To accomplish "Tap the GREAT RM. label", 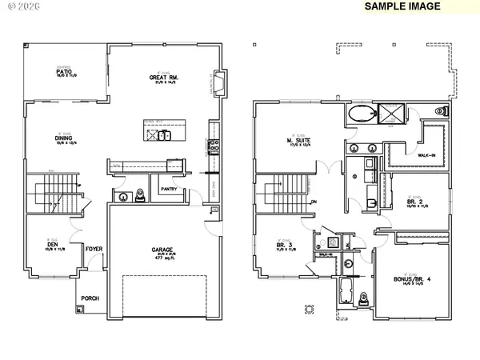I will [x=162, y=78].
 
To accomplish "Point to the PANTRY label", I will [x=168, y=190].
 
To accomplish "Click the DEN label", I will [x=53, y=244].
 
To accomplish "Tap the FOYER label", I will [x=94, y=249].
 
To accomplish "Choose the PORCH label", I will [x=90, y=298].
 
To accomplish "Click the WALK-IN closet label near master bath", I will [x=415, y=155].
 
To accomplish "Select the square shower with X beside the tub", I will [x=391, y=114].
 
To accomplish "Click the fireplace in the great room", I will [x=222, y=82].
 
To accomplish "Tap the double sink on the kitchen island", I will [x=164, y=135].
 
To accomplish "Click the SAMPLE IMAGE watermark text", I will [x=402, y=6].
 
